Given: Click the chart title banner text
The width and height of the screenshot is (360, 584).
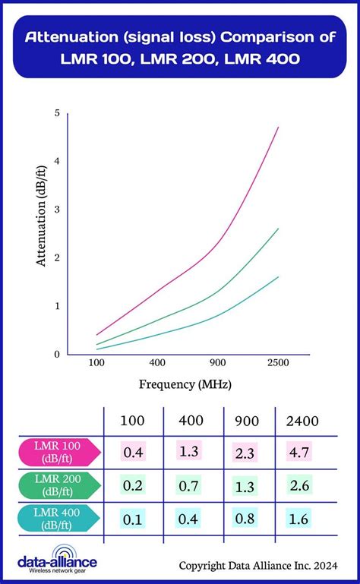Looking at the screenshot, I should (x=180, y=47).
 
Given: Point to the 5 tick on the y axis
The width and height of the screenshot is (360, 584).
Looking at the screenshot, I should (x=56, y=113).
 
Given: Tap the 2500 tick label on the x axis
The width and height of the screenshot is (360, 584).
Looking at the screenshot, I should (x=277, y=364).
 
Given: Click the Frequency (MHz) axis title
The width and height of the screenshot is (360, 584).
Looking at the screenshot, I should (x=185, y=384).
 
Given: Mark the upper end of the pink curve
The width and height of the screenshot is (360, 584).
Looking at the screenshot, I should (x=279, y=128).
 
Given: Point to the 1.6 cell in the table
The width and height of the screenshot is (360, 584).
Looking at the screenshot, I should (x=298, y=520).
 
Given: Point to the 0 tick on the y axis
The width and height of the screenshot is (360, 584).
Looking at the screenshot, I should (x=56, y=354).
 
